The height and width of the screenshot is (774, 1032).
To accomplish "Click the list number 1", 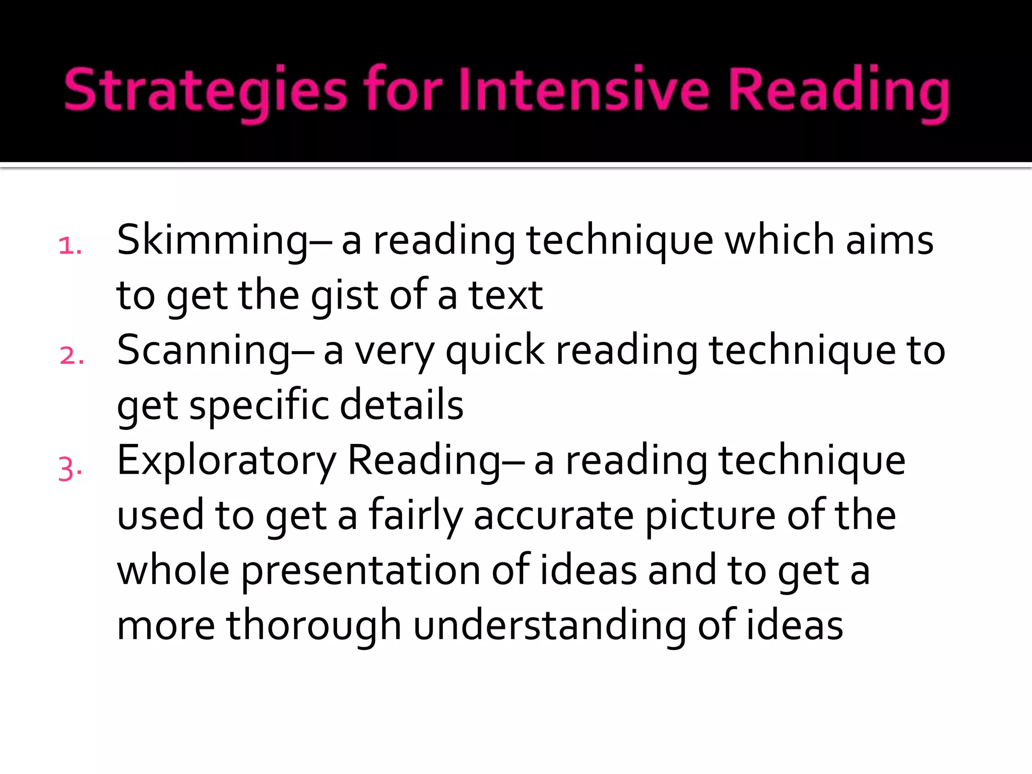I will tap(70, 246).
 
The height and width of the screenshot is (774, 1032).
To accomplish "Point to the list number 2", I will tap(71, 356).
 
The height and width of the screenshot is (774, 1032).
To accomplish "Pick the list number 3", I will tap(70, 469).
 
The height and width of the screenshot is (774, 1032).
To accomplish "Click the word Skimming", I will tap(212, 241).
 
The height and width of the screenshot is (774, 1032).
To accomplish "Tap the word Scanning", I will tap(204, 351).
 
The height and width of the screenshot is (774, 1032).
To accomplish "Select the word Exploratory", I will tap(226, 461).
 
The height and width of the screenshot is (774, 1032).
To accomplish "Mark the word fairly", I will tap(416, 515).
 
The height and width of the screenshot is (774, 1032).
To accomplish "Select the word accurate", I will tap(553, 515).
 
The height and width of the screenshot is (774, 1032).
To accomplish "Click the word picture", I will tap(710, 515).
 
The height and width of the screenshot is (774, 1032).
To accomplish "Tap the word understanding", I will tap(550, 626).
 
